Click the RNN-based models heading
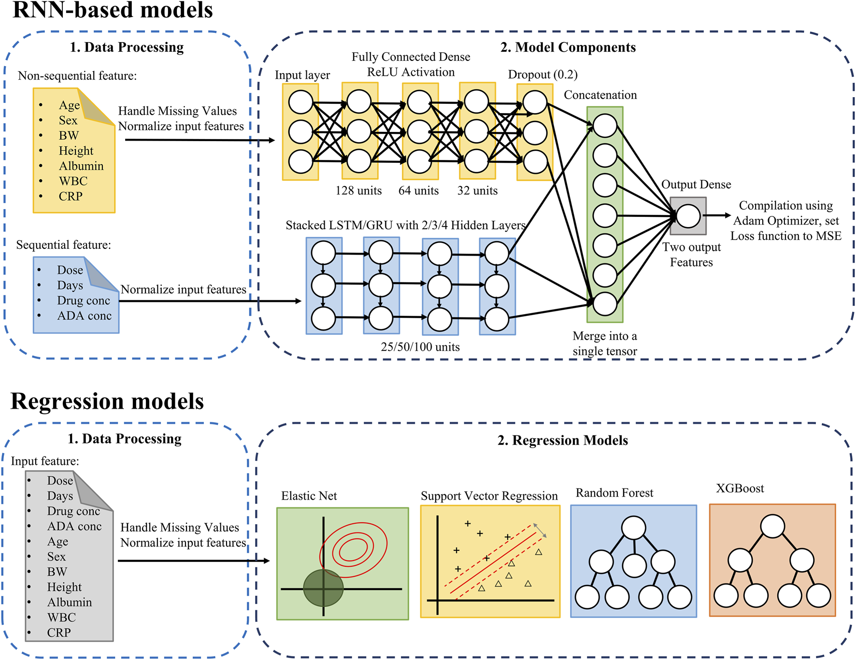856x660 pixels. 112,11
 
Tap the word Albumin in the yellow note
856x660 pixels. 81,166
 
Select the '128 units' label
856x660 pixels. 358,191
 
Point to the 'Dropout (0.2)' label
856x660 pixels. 542,74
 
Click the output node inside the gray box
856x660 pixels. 688,216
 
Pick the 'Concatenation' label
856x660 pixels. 600,95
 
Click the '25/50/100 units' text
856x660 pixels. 420,347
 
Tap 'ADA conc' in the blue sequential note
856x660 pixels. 84,316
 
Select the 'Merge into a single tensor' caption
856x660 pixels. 604,344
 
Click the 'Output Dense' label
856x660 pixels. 696,185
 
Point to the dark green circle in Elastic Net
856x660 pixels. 323,588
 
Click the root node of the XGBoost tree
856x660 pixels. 772,526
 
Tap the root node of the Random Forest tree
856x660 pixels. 633,528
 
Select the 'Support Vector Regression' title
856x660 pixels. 489,496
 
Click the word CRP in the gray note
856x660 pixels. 59,632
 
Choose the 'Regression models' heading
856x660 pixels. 107,402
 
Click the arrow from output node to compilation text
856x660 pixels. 717,215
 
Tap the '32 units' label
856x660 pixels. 477,191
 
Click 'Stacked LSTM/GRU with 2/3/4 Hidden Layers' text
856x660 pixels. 405,226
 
